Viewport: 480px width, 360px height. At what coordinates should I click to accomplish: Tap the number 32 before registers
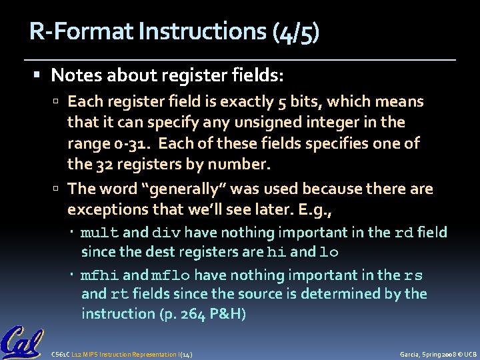click(x=101, y=163)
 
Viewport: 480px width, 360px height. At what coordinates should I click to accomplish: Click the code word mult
click(x=100, y=233)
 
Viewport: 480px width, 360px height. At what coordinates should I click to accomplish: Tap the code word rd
click(x=404, y=233)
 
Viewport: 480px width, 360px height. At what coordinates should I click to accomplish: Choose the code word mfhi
click(x=100, y=275)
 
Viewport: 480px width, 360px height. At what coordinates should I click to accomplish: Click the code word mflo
click(x=171, y=275)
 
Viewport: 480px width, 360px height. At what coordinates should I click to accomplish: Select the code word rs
click(x=413, y=275)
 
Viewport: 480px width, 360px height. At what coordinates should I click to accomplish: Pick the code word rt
click(x=120, y=295)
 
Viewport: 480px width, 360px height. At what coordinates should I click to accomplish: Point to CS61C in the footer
click(x=61, y=353)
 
